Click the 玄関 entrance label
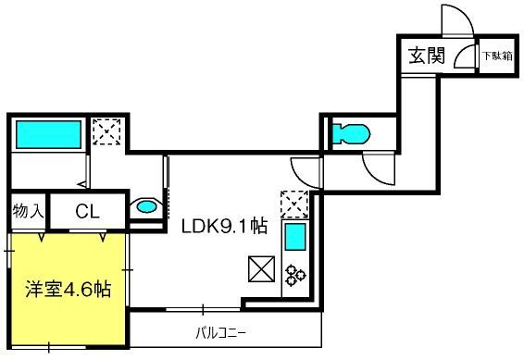(427, 56)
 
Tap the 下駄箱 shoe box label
(497, 56)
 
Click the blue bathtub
(48, 134)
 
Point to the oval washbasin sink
(146, 207)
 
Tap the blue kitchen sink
(295, 237)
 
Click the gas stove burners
(295, 275)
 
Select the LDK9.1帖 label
(224, 226)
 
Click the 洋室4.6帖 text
(69, 289)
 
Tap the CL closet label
(88, 211)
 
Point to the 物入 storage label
(28, 211)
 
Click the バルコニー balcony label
(221, 333)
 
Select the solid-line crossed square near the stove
(261, 268)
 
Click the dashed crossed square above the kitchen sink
(294, 205)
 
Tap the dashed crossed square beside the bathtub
(106, 132)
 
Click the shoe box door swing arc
(459, 54)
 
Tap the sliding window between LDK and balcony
(203, 310)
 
